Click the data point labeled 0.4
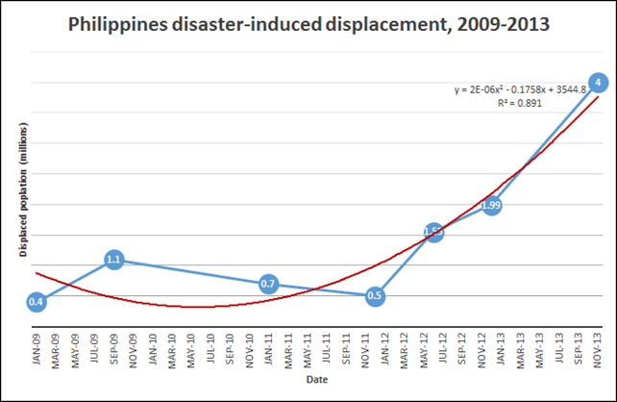(36, 302)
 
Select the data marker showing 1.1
(113, 259)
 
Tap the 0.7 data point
(269, 284)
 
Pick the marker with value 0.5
(375, 296)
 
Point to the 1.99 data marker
(491, 205)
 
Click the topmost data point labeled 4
(598, 83)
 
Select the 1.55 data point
(433, 232)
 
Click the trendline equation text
(520, 90)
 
